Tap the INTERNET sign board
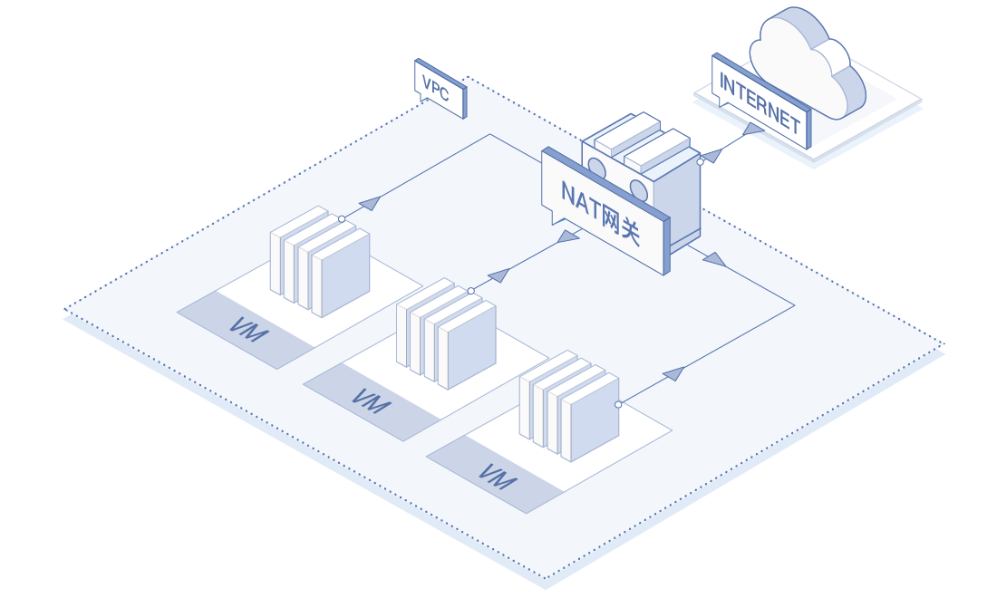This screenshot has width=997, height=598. (x=760, y=98)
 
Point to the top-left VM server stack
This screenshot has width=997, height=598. (x=320, y=261)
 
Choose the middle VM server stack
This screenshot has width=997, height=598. (x=447, y=333)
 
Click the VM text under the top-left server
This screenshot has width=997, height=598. (x=247, y=330)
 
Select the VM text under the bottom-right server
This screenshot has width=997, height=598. (x=496, y=475)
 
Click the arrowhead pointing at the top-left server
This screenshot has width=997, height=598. (x=369, y=203)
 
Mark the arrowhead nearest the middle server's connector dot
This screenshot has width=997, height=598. (x=498, y=275)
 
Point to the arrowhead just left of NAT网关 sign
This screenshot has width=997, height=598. (x=568, y=236)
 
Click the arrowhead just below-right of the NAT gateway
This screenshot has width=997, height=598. (x=715, y=260)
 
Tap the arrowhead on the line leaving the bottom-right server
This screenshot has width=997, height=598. (x=673, y=372)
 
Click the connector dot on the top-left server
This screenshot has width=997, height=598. (x=342, y=218)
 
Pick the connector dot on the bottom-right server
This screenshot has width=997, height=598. (x=618, y=404)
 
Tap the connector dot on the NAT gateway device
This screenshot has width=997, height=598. (x=701, y=162)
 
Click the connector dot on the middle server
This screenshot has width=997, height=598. (x=471, y=291)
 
